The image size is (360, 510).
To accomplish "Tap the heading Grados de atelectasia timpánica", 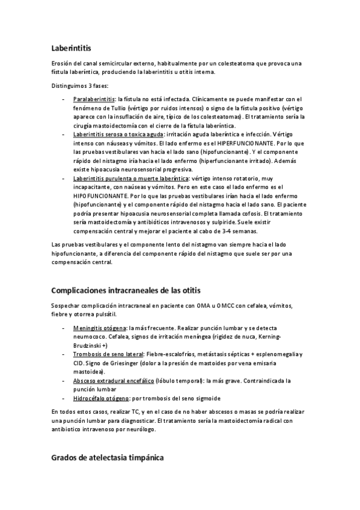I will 107,458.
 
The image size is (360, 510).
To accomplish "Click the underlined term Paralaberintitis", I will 94,99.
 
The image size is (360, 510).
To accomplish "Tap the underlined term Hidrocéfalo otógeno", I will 100,399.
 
